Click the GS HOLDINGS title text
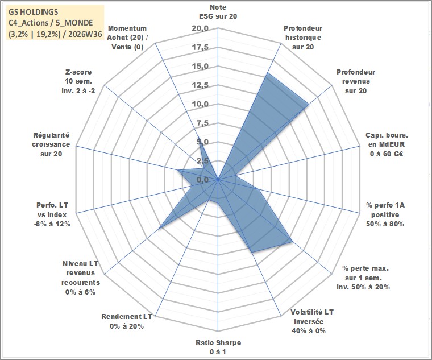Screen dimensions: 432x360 tap(34, 12)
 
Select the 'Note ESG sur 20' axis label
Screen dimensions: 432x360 tap(218, 11)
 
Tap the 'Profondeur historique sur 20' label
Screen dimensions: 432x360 tap(303, 38)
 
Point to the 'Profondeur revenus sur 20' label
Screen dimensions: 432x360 tap(356, 81)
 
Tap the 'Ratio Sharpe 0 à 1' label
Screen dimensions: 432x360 tap(218, 347)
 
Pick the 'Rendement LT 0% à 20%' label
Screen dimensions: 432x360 tap(127, 321)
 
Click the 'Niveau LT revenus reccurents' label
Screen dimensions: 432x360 tap(81, 278)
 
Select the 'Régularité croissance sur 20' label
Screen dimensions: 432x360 tap(51, 144)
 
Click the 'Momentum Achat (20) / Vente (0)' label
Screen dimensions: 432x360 tap(127, 38)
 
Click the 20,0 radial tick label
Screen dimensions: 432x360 tap(201, 28)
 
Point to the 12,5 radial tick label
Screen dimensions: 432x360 tap(201, 85)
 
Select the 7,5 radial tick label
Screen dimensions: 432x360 tap(202, 123)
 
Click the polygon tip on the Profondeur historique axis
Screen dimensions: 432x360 tap(267, 73)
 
